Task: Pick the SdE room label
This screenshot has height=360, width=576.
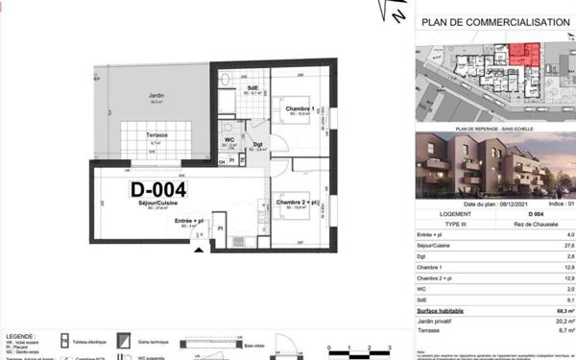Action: point(253,88)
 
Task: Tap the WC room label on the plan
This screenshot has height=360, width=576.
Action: point(230,141)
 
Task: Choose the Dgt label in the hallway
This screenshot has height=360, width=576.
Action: point(258,144)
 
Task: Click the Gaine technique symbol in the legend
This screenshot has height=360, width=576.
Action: point(125,340)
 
